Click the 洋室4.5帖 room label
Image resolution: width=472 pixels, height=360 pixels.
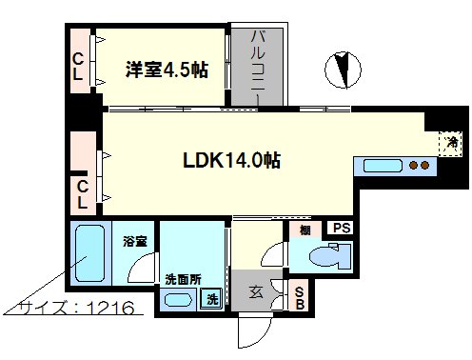click(167, 70)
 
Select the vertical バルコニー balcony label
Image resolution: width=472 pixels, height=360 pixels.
click(257, 63)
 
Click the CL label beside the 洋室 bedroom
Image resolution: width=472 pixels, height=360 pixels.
click(80, 70)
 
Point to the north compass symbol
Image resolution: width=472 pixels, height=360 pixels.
click(340, 70)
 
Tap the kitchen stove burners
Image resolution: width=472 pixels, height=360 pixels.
click(419, 166)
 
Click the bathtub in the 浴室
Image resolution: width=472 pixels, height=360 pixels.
click(90, 251)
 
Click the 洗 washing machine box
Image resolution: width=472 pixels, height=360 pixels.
click(216, 299)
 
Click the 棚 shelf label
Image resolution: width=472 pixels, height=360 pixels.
click(305, 230)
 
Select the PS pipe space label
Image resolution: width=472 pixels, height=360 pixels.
click(341, 228)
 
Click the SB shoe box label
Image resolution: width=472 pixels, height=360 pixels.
click(298, 299)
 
